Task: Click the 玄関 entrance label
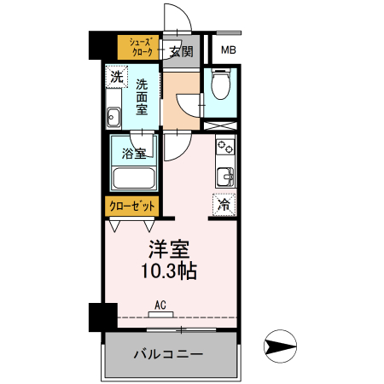[x=180, y=51]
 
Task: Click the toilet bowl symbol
[x=220, y=85]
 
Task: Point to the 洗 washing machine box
[x=115, y=78]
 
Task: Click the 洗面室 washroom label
[x=143, y=97]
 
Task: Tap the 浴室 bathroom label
[x=133, y=154]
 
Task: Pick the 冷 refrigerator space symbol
[x=224, y=205]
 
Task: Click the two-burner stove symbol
[x=225, y=147]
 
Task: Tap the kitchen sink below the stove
[x=225, y=177]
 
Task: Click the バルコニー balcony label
[x=167, y=353]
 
